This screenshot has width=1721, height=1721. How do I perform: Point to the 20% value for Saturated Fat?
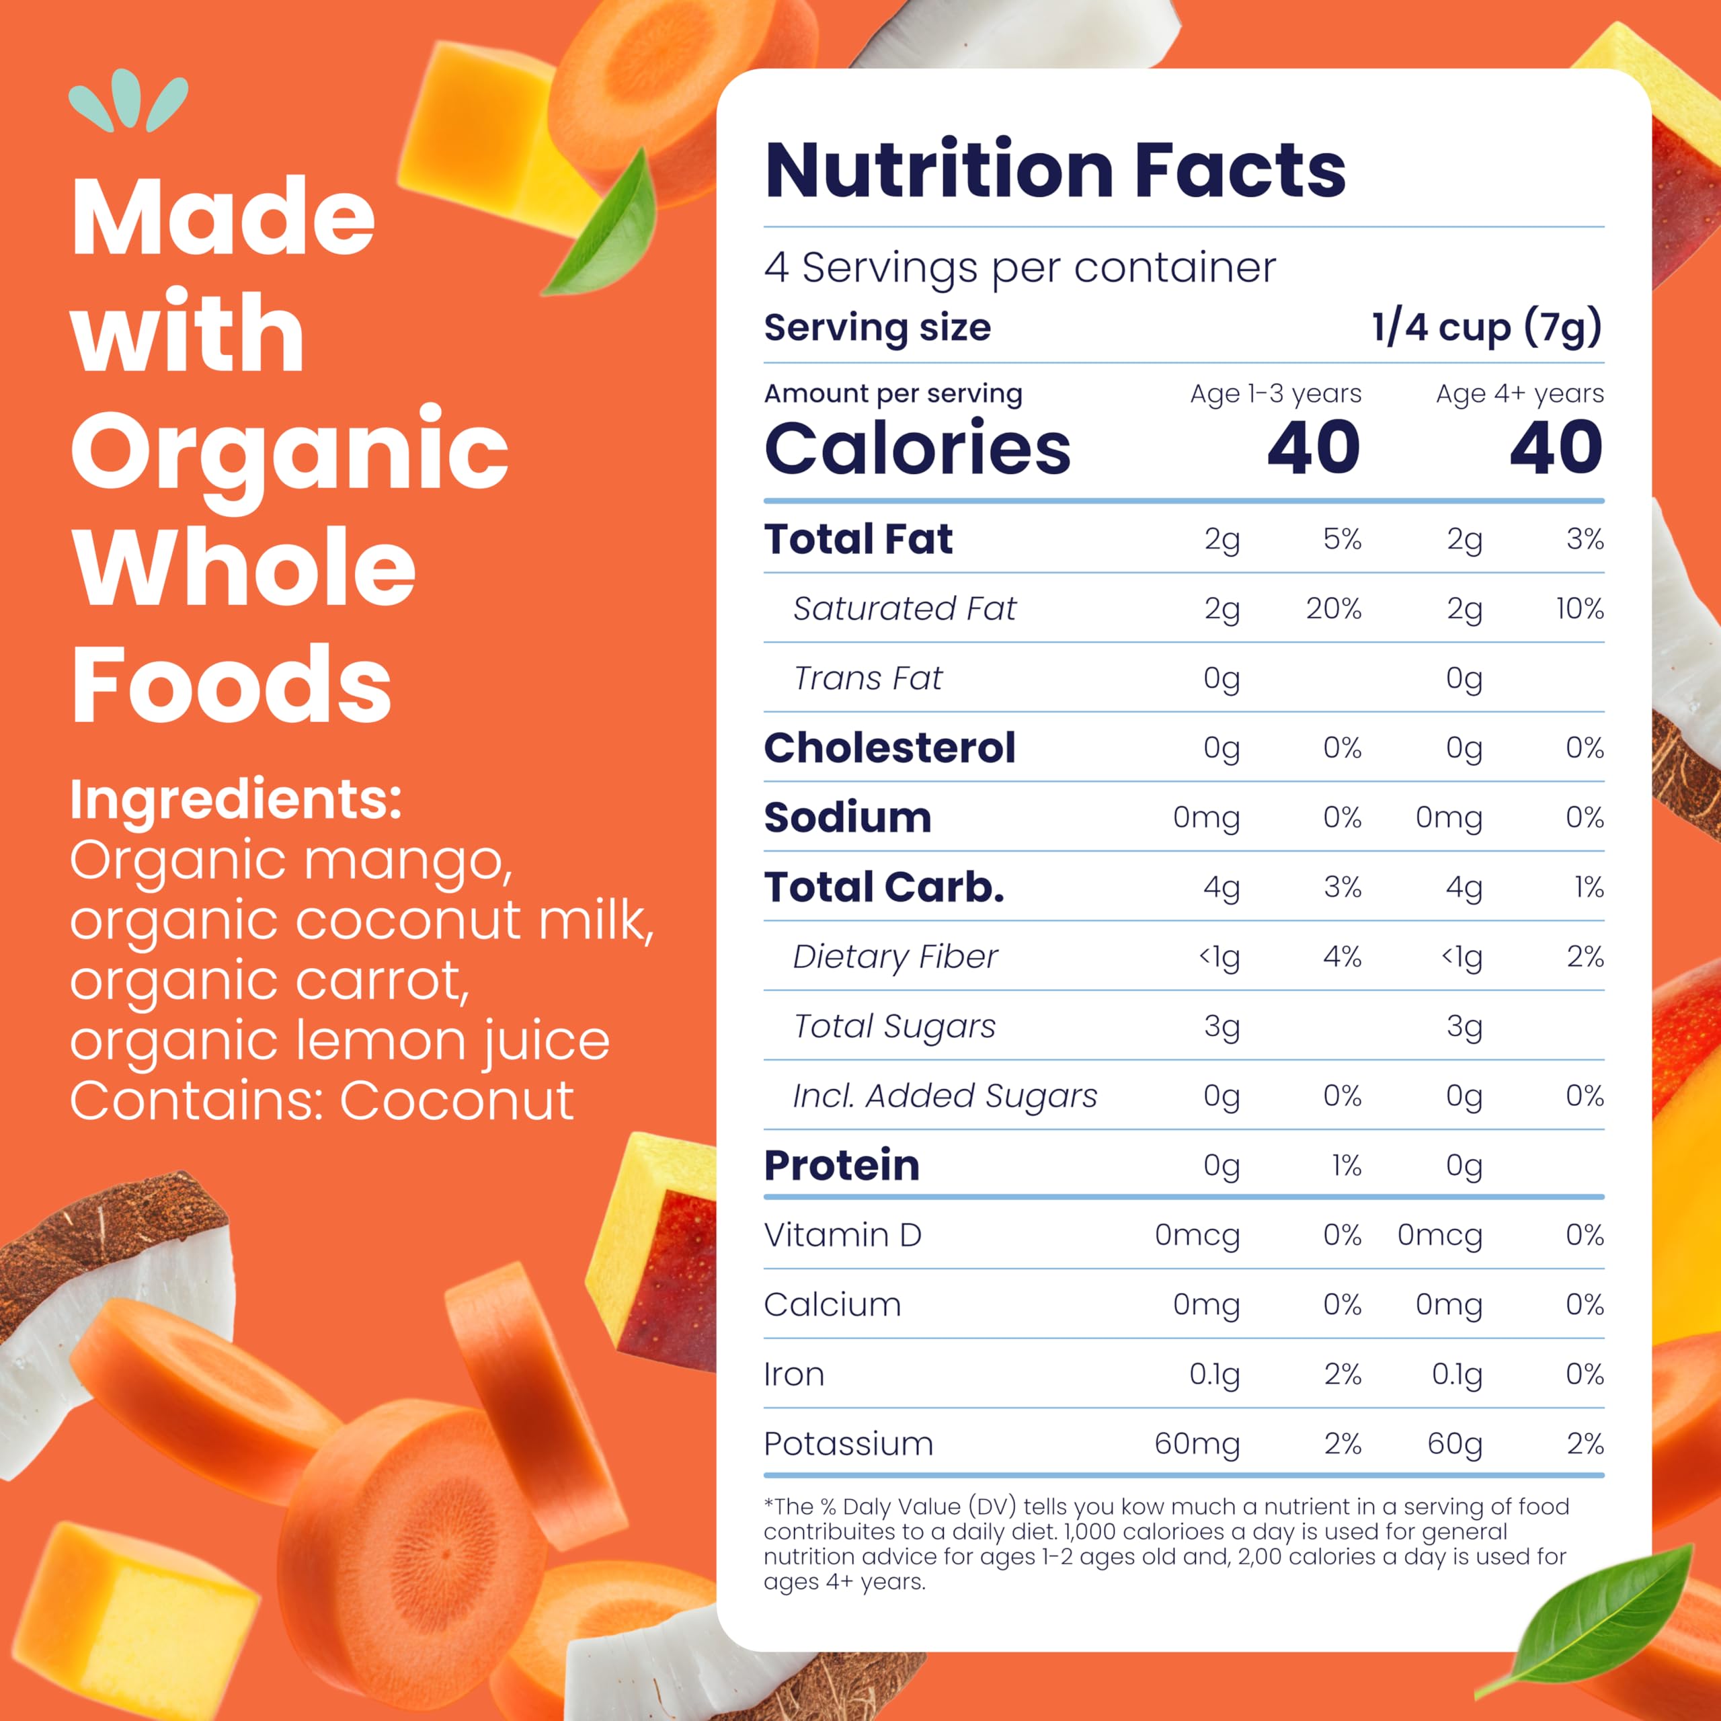coord(1334,608)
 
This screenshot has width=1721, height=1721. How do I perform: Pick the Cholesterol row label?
coord(889,748)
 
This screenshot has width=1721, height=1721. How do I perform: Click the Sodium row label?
coord(847,817)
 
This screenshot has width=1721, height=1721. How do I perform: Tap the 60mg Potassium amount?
coord(1197,1443)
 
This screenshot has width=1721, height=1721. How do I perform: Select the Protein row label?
coord(841,1165)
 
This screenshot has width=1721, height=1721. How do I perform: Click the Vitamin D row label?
coord(842,1235)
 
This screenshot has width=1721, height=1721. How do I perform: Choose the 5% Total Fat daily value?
coord(1342,539)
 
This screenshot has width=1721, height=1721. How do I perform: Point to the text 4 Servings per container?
coord(1019,268)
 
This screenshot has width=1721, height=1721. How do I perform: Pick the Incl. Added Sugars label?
coord(945,1096)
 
